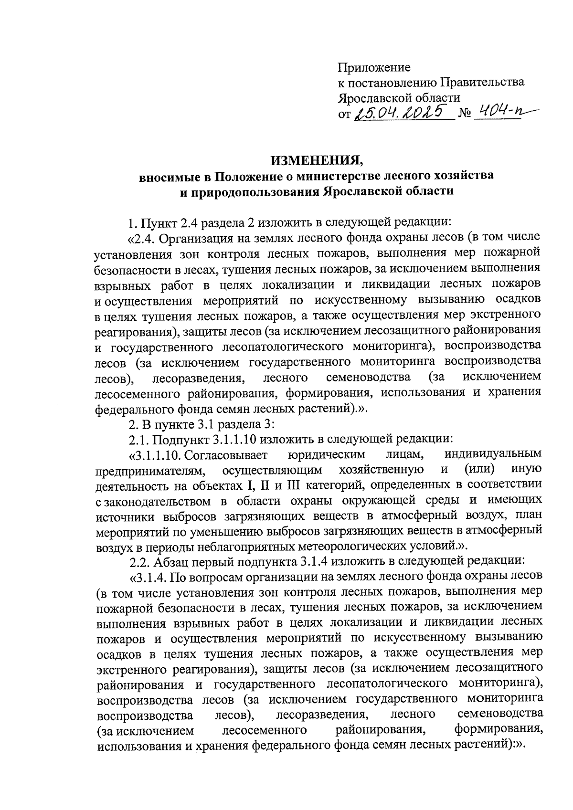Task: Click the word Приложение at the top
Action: [374, 67]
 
